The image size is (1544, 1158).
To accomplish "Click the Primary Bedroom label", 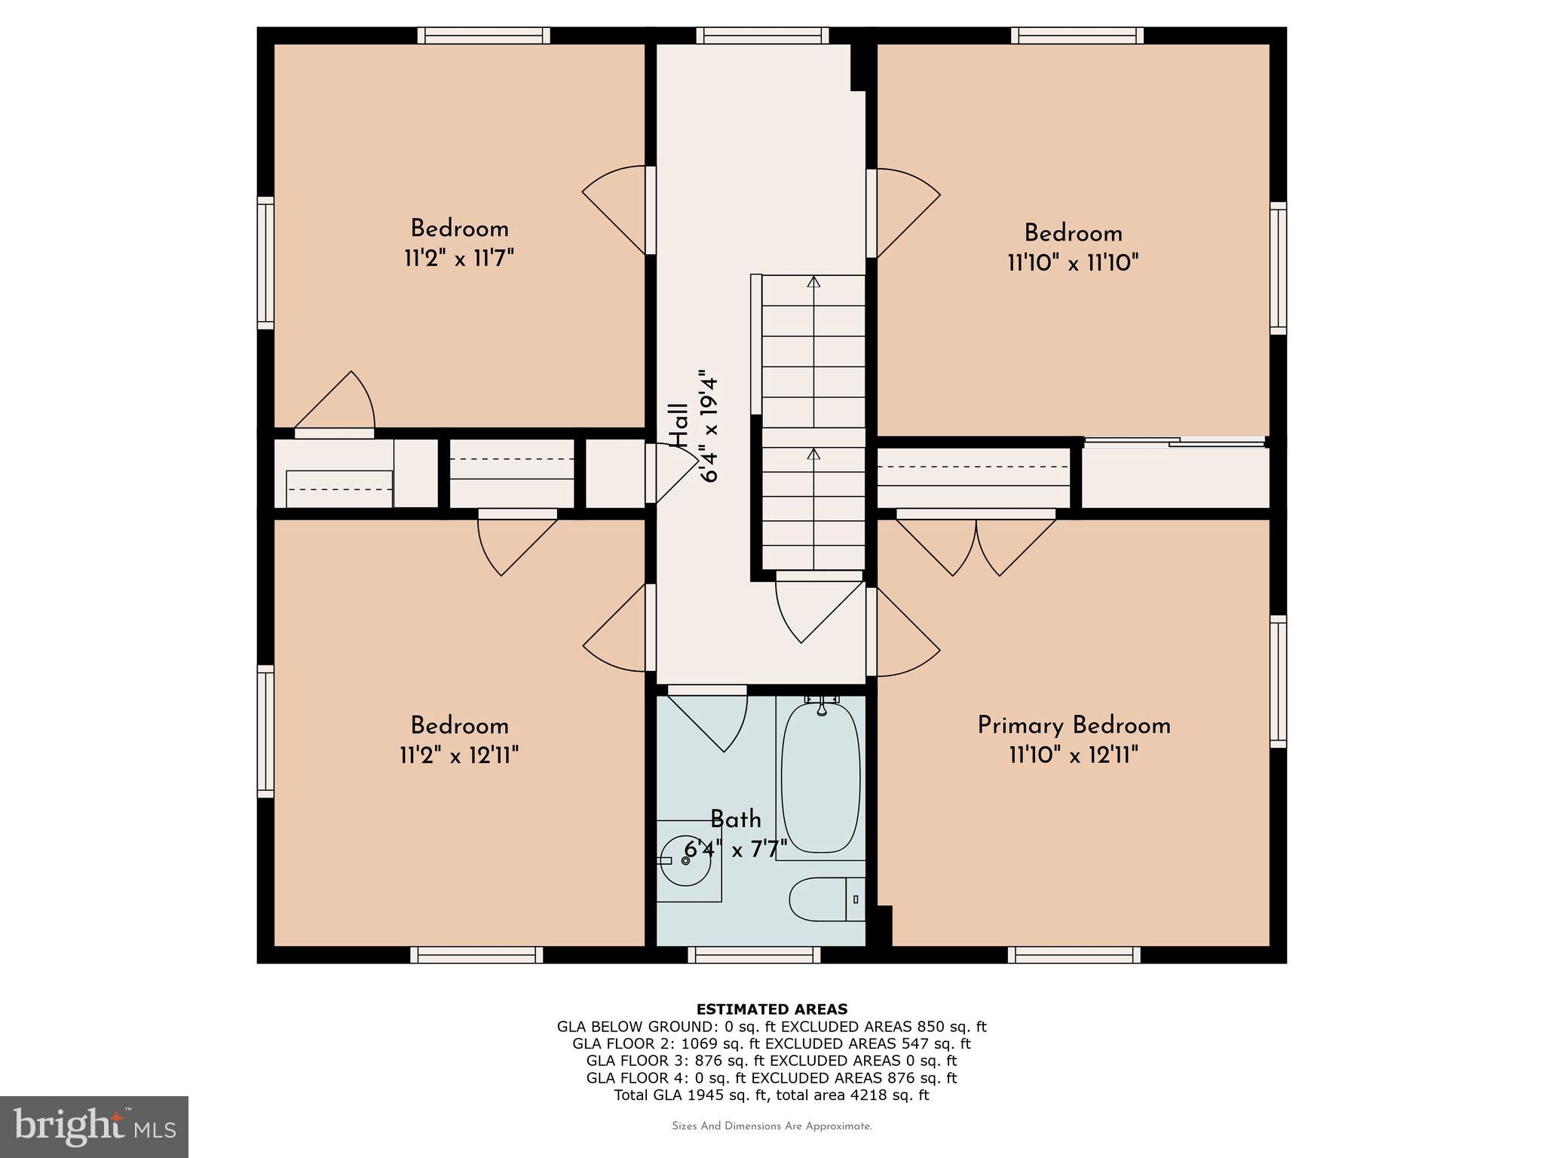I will click(x=1074, y=725).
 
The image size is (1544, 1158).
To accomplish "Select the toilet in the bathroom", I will click(x=826, y=899).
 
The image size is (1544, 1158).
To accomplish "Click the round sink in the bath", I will click(x=685, y=860).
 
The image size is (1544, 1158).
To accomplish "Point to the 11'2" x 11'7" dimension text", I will click(x=459, y=259).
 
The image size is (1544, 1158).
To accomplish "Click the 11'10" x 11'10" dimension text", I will click(x=1073, y=263).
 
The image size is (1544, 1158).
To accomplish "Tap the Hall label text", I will click(x=679, y=426).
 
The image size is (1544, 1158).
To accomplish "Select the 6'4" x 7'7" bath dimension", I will click(x=735, y=850).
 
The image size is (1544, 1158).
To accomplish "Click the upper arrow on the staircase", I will click(x=813, y=283).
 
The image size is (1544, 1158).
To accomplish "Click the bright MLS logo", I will click(x=93, y=1126).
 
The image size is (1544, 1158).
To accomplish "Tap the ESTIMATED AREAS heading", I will click(x=771, y=1009).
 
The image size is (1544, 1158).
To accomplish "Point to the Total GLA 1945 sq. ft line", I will click(x=771, y=1095).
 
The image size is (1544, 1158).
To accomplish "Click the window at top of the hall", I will click(x=762, y=35).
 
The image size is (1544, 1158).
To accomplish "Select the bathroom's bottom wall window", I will click(x=754, y=955).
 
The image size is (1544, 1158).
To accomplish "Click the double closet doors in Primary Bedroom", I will click(x=976, y=543).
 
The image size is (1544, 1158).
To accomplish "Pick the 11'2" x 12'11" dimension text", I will click(x=459, y=755).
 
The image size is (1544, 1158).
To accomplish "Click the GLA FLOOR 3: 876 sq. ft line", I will click(x=771, y=1061).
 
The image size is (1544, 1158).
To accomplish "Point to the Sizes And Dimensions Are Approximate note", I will click(x=771, y=1126).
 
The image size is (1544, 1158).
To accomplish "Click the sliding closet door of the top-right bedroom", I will click(x=1175, y=442).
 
